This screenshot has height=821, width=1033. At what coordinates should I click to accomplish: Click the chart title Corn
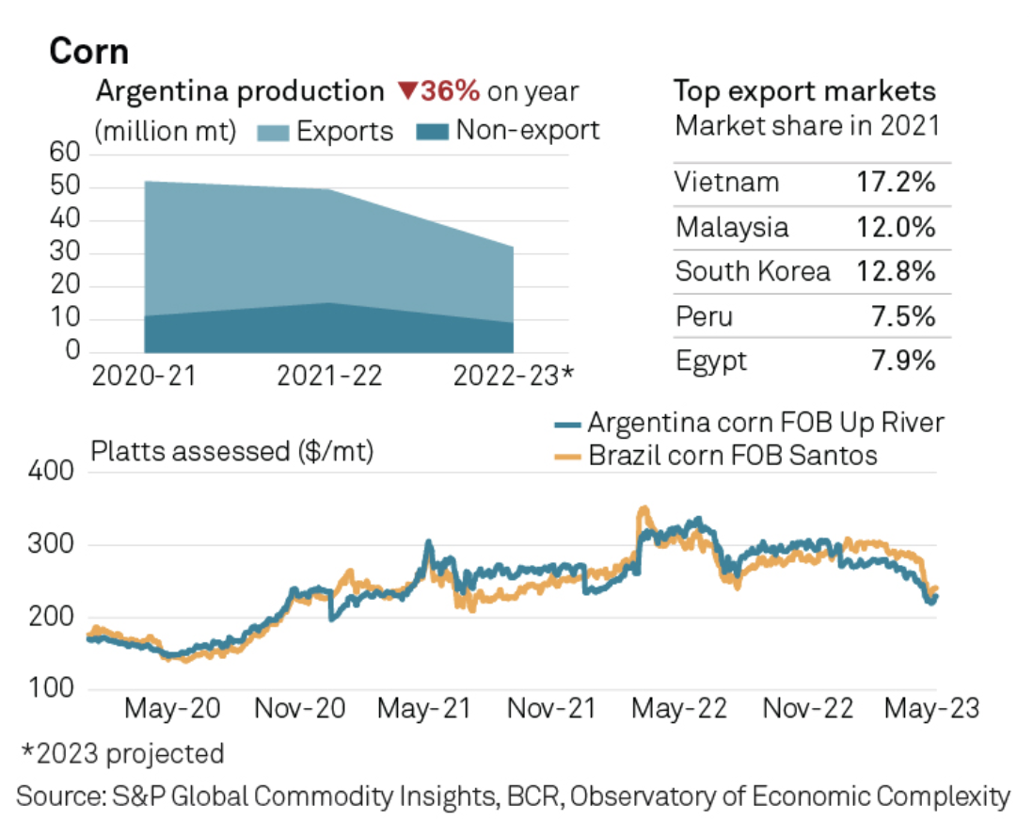88,51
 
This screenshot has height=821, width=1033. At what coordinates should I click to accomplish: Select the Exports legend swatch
275,130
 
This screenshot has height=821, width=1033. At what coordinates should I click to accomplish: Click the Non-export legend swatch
433,130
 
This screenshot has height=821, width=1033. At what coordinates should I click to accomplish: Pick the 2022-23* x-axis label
513,376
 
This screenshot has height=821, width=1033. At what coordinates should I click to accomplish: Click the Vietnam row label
726,182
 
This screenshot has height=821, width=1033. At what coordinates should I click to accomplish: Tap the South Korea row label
753,272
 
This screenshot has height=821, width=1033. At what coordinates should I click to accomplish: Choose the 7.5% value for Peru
905,317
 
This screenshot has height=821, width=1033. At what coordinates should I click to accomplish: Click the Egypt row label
711,362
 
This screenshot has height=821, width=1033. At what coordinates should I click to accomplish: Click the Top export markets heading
804,91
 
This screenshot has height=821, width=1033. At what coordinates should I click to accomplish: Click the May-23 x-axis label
931,708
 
